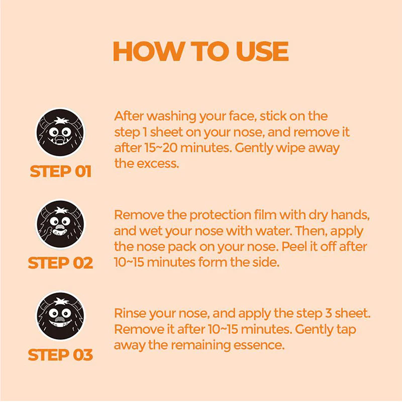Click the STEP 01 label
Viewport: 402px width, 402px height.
60,171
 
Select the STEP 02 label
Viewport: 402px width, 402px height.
60,263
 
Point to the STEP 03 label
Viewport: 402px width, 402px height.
60,355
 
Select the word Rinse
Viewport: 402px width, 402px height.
129,314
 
